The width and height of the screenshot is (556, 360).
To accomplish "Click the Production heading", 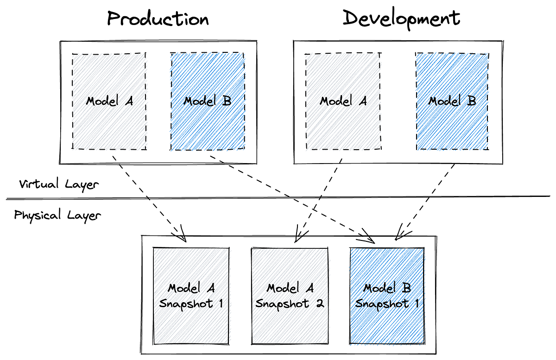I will pos(158,19).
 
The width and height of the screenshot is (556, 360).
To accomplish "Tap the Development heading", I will pos(401,19).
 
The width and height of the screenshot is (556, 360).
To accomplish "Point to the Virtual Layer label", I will pos(59,184).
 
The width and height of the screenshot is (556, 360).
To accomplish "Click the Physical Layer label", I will pos(57,215).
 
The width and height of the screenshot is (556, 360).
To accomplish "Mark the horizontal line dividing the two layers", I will pos(278,198).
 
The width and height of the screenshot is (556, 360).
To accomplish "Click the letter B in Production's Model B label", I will pos(227,101).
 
